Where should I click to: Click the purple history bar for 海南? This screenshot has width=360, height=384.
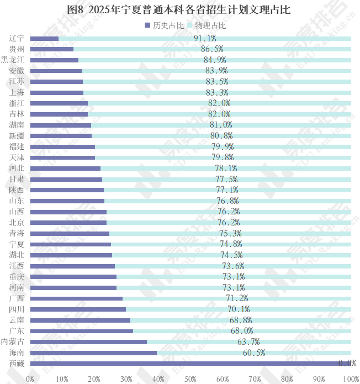click(x=93, y=353)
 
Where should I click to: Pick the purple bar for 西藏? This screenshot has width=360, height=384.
click(x=190, y=364)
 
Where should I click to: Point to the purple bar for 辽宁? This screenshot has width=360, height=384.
click(x=44, y=39)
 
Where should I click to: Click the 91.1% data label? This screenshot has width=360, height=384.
click(x=205, y=39)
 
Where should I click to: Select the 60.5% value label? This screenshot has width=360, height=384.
click(x=254, y=353)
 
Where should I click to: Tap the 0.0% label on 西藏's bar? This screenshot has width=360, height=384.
click(x=347, y=364)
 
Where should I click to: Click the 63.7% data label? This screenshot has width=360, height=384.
click(x=248, y=342)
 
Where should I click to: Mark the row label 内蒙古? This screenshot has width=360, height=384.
click(x=12, y=342)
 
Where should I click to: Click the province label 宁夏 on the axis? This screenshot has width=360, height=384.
click(x=17, y=244)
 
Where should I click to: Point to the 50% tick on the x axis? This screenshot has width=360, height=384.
click(x=190, y=378)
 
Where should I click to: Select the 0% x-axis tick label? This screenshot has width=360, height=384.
click(x=30, y=378)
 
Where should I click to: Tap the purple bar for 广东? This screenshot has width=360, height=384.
click(x=81, y=331)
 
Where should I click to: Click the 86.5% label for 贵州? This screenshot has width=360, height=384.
click(x=212, y=49)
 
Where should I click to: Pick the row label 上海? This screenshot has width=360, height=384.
click(x=17, y=93)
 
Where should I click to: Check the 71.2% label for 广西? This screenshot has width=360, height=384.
click(x=237, y=298)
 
